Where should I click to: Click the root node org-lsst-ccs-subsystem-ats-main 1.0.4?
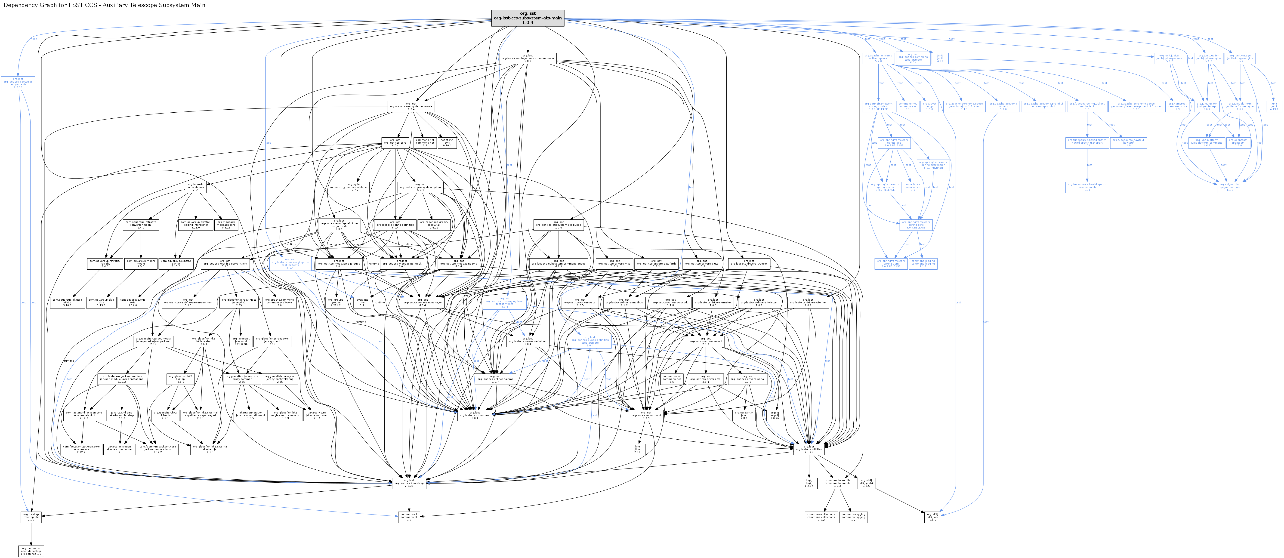[527, 18]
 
